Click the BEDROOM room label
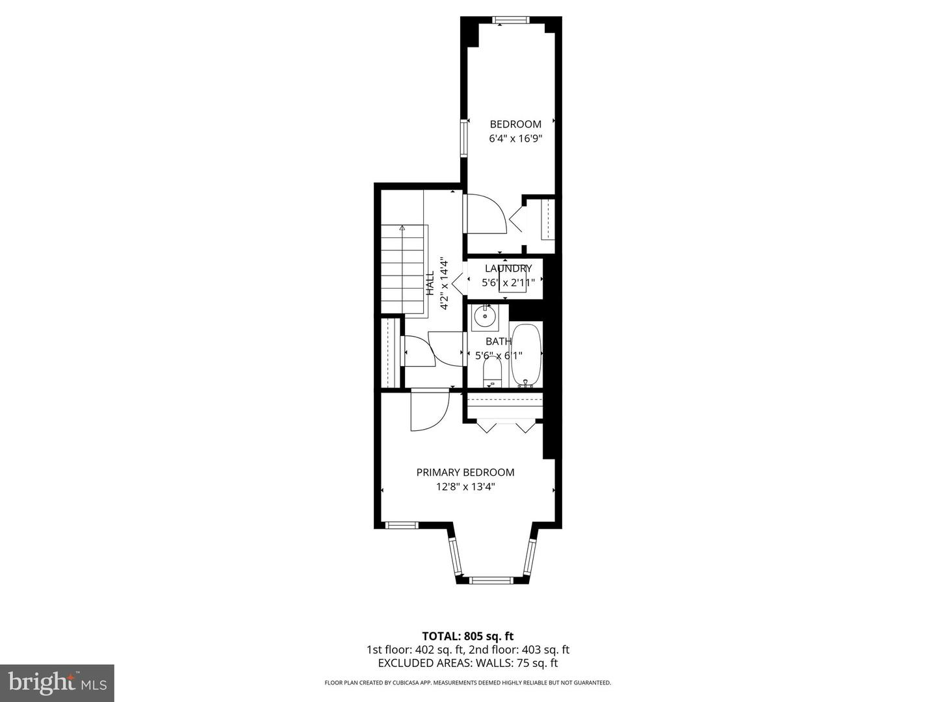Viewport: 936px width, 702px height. click(515, 124)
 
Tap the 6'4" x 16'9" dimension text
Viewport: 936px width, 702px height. click(515, 138)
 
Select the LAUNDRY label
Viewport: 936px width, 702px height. click(508, 268)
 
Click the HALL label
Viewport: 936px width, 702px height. click(430, 284)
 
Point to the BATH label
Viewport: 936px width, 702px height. click(499, 341)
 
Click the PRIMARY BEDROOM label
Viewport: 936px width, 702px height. click(465, 473)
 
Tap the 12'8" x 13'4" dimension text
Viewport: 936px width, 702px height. click(465, 487)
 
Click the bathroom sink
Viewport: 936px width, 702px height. click(484, 317)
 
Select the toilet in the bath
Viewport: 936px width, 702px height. click(493, 372)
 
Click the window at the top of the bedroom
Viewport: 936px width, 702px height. click(511, 20)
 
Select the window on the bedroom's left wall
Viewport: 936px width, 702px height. click(464, 138)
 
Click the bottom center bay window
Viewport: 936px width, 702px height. click(491, 579)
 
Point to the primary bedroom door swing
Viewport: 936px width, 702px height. click(429, 409)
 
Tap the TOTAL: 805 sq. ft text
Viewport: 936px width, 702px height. click(468, 636)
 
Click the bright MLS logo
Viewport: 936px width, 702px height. click(57, 682)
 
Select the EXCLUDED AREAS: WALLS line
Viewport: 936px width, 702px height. click(468, 663)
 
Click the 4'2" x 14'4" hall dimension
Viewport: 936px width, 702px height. click(445, 284)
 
